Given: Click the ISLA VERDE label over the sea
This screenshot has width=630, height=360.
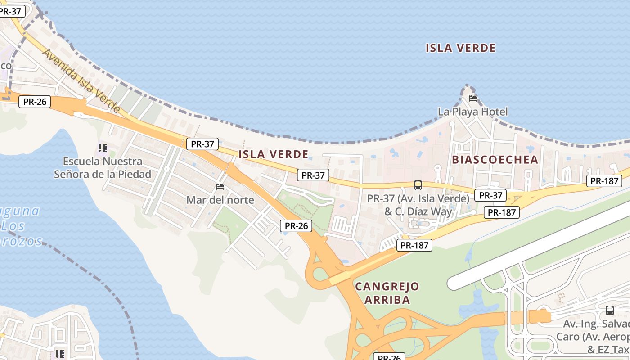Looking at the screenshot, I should point(460,48).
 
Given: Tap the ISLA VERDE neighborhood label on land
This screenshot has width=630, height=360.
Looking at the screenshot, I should point(274,154).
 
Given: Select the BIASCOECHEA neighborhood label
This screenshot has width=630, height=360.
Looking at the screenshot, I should point(495,160).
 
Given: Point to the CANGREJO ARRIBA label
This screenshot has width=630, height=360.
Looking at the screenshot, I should point(387,293).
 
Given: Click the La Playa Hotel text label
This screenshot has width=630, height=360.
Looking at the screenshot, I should point(472,112).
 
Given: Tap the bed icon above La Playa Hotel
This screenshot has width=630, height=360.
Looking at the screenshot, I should point(472,98).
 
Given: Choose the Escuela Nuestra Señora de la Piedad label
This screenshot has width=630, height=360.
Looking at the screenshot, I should point(103,168).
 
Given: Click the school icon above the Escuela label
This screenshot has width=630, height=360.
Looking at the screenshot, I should point(103,148).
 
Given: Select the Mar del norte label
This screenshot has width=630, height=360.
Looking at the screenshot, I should point(220,200).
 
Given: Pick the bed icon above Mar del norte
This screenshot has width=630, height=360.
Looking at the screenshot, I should point(220,186).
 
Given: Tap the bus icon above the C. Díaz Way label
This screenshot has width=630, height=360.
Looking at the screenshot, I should point(418,185).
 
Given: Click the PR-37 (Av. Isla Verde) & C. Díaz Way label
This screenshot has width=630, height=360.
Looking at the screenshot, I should point(418,205).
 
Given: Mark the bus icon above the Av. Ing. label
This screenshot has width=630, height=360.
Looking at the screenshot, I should point(610,310).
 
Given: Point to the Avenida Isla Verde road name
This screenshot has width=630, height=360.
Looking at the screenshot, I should point(81,80).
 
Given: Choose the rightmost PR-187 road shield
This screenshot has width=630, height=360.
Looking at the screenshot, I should point(604,181).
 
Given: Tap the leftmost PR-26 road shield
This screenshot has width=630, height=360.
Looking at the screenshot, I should point(35,102).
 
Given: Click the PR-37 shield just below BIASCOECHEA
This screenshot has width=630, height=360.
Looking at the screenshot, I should point(490,195).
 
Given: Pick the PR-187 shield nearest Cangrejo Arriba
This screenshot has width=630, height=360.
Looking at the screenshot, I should point(414,245).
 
